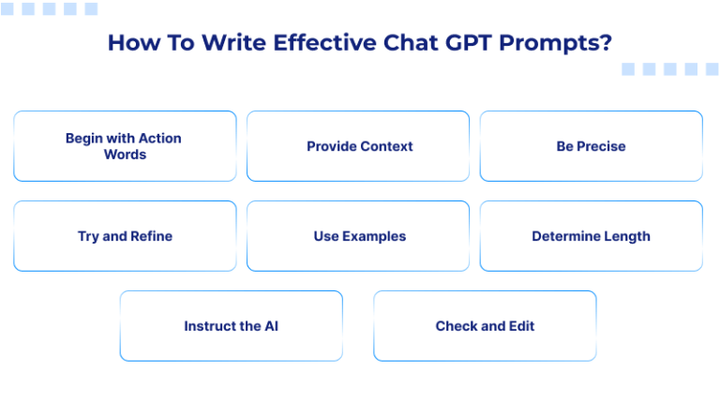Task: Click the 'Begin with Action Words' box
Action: point(124,146)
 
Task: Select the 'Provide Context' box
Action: point(359,146)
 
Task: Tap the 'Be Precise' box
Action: point(591,146)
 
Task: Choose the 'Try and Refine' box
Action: point(125,236)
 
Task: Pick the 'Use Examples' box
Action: point(359,236)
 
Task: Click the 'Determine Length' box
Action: point(591,236)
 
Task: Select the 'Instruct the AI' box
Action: point(231,326)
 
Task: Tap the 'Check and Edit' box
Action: point(485,326)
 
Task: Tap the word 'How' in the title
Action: point(127,43)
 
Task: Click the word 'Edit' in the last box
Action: point(520,326)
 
